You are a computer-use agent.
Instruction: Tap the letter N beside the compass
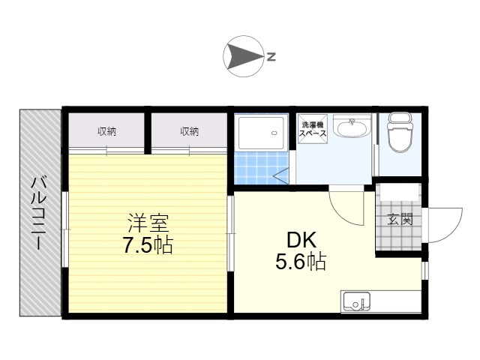pyautogui.click(x=271, y=57)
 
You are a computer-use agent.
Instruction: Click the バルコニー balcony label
pyautogui.click(x=39, y=213)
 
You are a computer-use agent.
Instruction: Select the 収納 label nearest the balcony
pyautogui.click(x=106, y=132)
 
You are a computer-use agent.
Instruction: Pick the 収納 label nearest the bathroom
pyautogui.click(x=189, y=132)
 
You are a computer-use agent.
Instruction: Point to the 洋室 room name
pyautogui.click(x=148, y=223)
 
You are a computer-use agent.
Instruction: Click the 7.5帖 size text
pyautogui.click(x=148, y=245)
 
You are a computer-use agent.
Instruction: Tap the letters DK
pyautogui.click(x=301, y=240)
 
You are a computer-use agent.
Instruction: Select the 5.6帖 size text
pyautogui.click(x=301, y=262)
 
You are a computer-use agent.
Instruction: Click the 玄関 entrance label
pyautogui.click(x=400, y=220)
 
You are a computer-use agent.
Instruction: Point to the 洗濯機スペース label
pyautogui.click(x=313, y=129)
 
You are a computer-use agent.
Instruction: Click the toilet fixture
pyautogui.click(x=400, y=132)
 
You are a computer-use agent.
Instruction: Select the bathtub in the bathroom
pyautogui.click(x=261, y=133)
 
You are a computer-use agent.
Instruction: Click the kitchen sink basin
pyautogui.click(x=357, y=301)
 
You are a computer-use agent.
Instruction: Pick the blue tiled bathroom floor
pyautogui.click(x=260, y=168)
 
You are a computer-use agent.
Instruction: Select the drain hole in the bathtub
pyautogui.click(x=274, y=133)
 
